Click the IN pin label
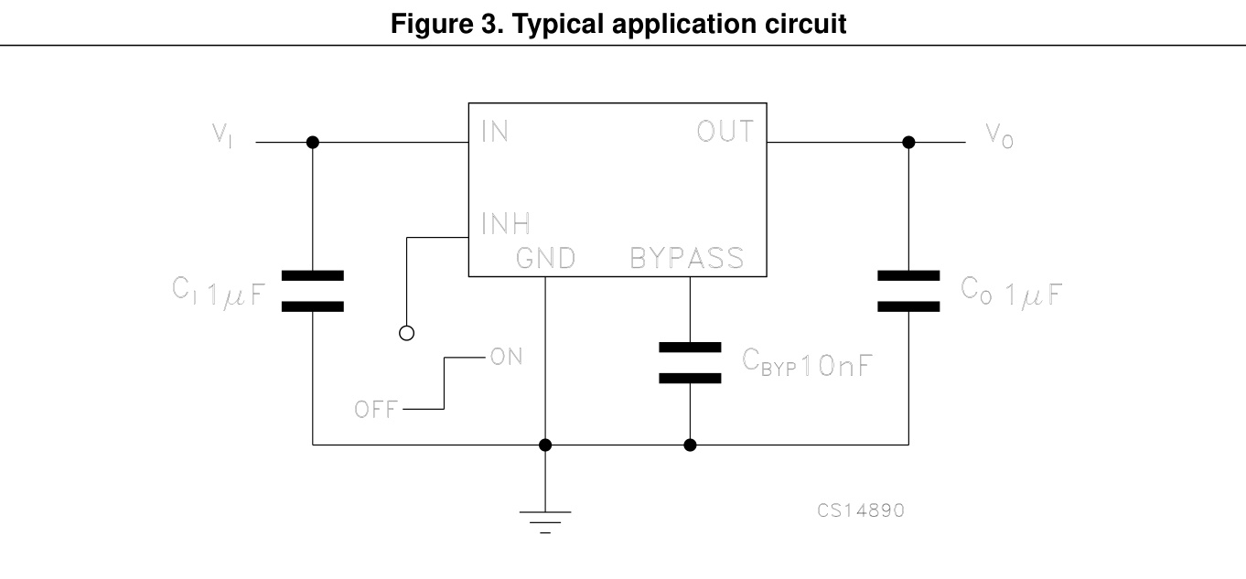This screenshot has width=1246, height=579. tap(494, 131)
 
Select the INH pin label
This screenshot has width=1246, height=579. tap(504, 223)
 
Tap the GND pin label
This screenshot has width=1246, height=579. tap(545, 259)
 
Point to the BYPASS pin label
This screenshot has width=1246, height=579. tap(687, 259)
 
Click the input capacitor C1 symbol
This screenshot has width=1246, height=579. tap(313, 291)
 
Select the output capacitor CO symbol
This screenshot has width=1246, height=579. tap(908, 291)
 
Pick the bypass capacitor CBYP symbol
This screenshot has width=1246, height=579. tap(690, 363)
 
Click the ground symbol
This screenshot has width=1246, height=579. tap(546, 520)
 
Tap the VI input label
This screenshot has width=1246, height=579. tap(222, 134)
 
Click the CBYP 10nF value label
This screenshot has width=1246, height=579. tap(805, 364)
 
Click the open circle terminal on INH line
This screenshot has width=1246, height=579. tap(407, 333)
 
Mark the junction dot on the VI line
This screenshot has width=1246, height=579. tap(313, 143)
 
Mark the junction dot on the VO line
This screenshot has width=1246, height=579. tap(908, 143)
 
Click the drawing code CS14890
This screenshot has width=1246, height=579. tap(861, 510)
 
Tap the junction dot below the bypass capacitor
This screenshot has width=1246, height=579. tap(690, 445)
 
